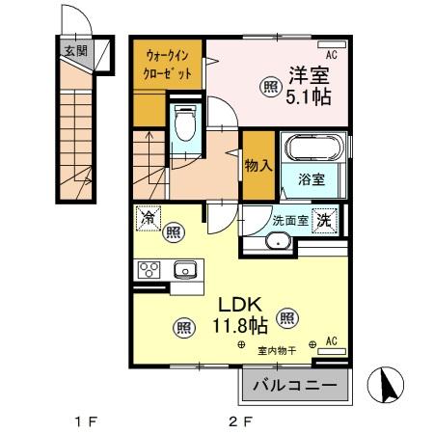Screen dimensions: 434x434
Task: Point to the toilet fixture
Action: coord(185,124)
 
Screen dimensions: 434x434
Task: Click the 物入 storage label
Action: coord(257,165)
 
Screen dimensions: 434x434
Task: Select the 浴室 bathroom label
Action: coord(312,179)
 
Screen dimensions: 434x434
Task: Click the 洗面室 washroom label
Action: coord(289,220)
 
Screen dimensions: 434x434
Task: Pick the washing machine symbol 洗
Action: coord(325,219)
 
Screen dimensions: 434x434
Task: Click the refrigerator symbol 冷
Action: coord(147,219)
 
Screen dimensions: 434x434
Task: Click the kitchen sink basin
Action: coord(183,270)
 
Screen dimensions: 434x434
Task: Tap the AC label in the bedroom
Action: coord(331,55)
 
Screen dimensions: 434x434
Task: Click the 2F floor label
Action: coord(239,421)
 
